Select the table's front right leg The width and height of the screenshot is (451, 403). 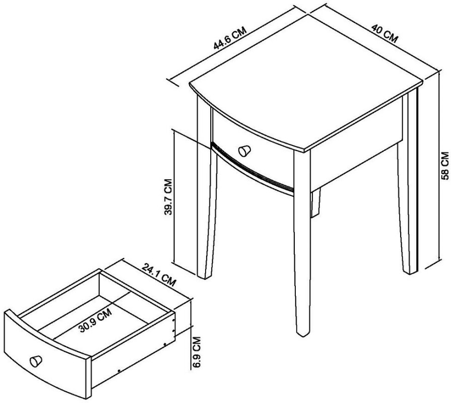(x=301, y=262)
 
